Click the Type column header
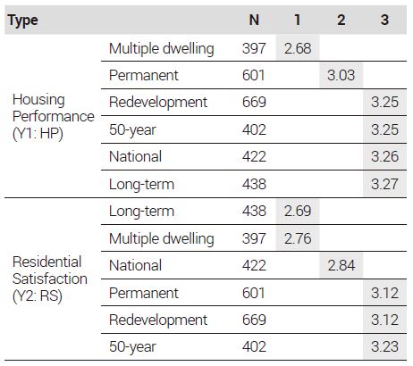[x=23, y=21]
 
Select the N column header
[x=254, y=20]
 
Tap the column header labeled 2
[x=341, y=20]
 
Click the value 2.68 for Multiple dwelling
[x=298, y=48]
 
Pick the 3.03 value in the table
[x=341, y=75]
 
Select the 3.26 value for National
[x=384, y=156]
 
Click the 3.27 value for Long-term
[x=384, y=184]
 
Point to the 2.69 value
[x=298, y=211]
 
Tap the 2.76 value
[x=298, y=238]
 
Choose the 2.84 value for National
[x=341, y=265]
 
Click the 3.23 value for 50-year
[x=384, y=346]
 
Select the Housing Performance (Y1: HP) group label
[x=54, y=116]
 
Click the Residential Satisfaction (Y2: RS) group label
[x=50, y=279]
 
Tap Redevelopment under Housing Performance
[x=158, y=102]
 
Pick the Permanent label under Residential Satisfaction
[x=144, y=293]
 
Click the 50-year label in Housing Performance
[x=132, y=130]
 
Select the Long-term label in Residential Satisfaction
[x=141, y=212]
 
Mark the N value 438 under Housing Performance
[x=254, y=184]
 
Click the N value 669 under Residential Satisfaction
[x=254, y=320]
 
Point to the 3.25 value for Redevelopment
[x=384, y=102]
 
